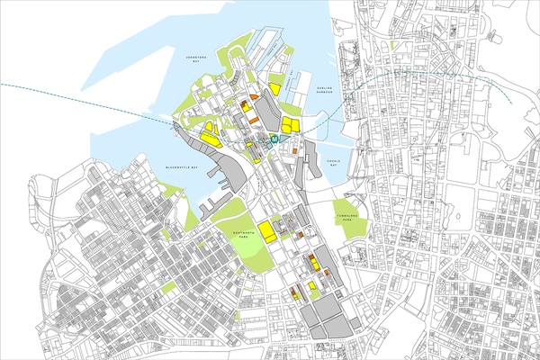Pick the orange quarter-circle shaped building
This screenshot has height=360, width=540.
[254, 94]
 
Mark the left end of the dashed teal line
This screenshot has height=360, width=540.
[3, 83]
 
